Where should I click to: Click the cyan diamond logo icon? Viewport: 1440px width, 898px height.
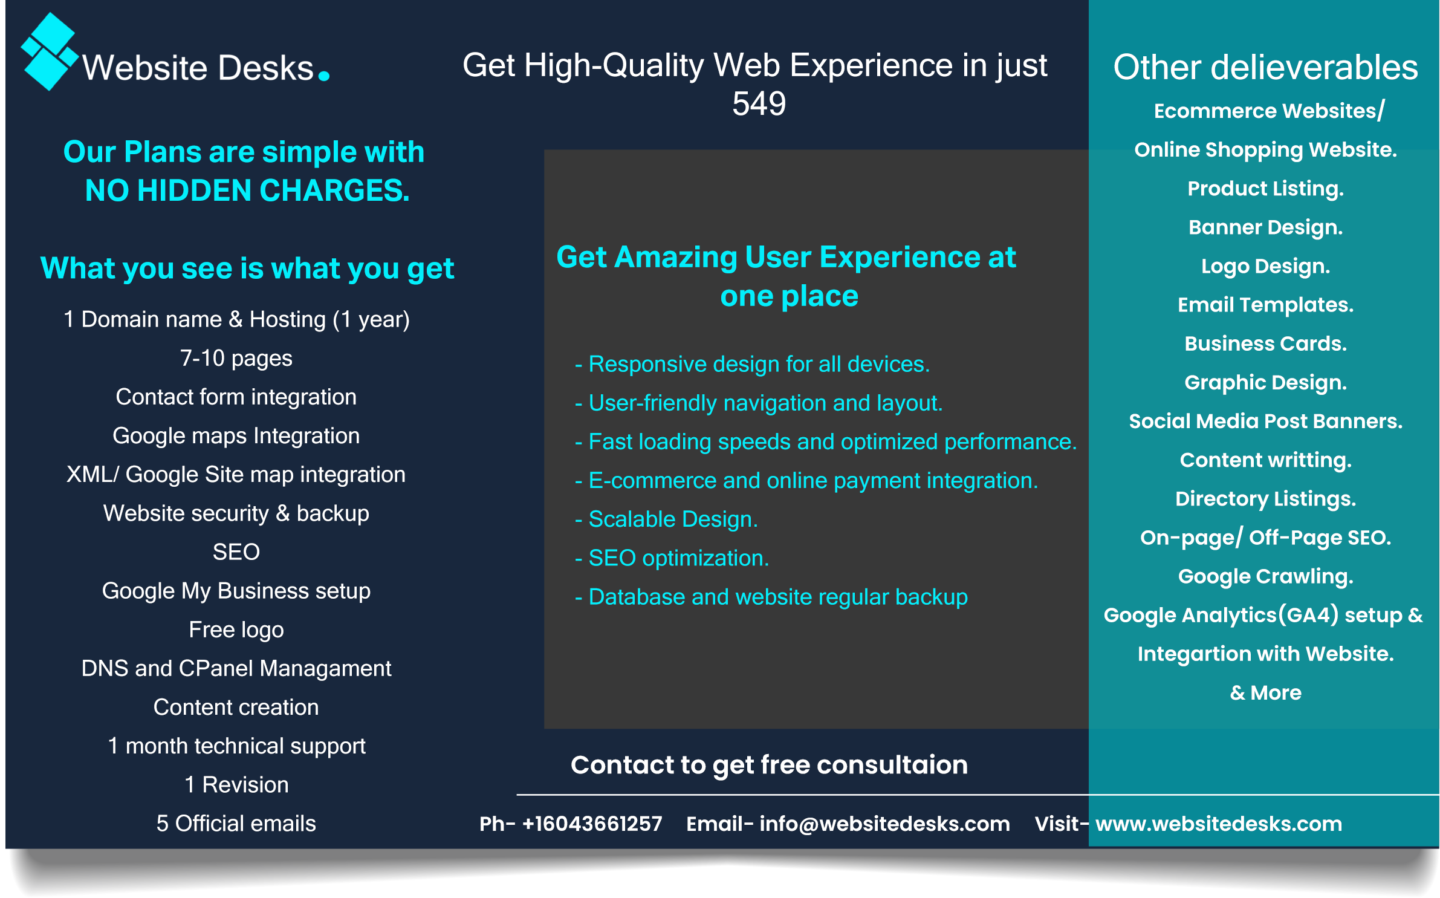point(50,51)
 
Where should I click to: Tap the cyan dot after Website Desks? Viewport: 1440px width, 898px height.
point(324,76)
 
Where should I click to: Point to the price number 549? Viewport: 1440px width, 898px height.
point(759,104)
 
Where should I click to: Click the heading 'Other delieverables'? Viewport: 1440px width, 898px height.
point(1265,67)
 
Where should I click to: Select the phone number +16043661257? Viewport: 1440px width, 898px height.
point(592,824)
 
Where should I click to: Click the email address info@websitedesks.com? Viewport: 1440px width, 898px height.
point(884,824)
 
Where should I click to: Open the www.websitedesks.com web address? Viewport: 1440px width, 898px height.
point(1219,824)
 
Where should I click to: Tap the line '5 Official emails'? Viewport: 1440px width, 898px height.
point(236,824)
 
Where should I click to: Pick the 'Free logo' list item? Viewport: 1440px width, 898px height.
point(236,630)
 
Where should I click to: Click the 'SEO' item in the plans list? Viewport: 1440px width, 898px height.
point(236,552)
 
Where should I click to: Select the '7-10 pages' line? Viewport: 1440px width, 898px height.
point(236,358)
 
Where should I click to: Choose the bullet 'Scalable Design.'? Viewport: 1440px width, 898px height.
point(672,519)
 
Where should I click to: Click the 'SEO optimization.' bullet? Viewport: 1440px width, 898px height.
point(678,558)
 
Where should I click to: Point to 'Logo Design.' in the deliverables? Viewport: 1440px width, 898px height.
point(1265,266)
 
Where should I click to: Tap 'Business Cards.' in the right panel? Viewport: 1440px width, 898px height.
point(1265,343)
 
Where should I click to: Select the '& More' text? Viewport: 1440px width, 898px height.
point(1265,692)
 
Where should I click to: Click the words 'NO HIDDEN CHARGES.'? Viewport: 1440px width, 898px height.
point(247,190)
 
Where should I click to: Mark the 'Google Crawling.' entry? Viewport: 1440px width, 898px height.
point(1265,576)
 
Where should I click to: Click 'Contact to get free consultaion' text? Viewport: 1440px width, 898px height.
point(769,765)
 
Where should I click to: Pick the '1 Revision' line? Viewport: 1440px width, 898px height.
point(236,785)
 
